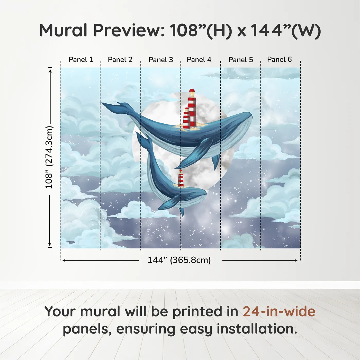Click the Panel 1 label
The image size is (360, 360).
pyautogui.click(x=81, y=60)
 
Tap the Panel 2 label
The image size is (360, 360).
pyautogui.click(x=120, y=60)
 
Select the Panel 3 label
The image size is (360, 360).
pyautogui.click(x=161, y=60)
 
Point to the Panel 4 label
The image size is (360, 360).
pyautogui.click(x=199, y=60)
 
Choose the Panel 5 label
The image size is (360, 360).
pyautogui.click(x=241, y=60)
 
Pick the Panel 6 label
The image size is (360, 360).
pyautogui.click(x=279, y=60)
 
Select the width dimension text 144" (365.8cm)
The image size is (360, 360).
pyautogui.click(x=179, y=260)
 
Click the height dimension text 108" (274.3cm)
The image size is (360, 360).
pyautogui.click(x=49, y=157)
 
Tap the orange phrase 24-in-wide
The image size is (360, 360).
pyautogui.click(x=279, y=311)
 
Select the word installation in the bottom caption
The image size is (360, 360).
pyautogui.click(x=257, y=329)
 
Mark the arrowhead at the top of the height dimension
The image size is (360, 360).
pyautogui.click(x=50, y=70)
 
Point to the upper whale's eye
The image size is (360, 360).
pyautogui.click(x=227, y=128)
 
